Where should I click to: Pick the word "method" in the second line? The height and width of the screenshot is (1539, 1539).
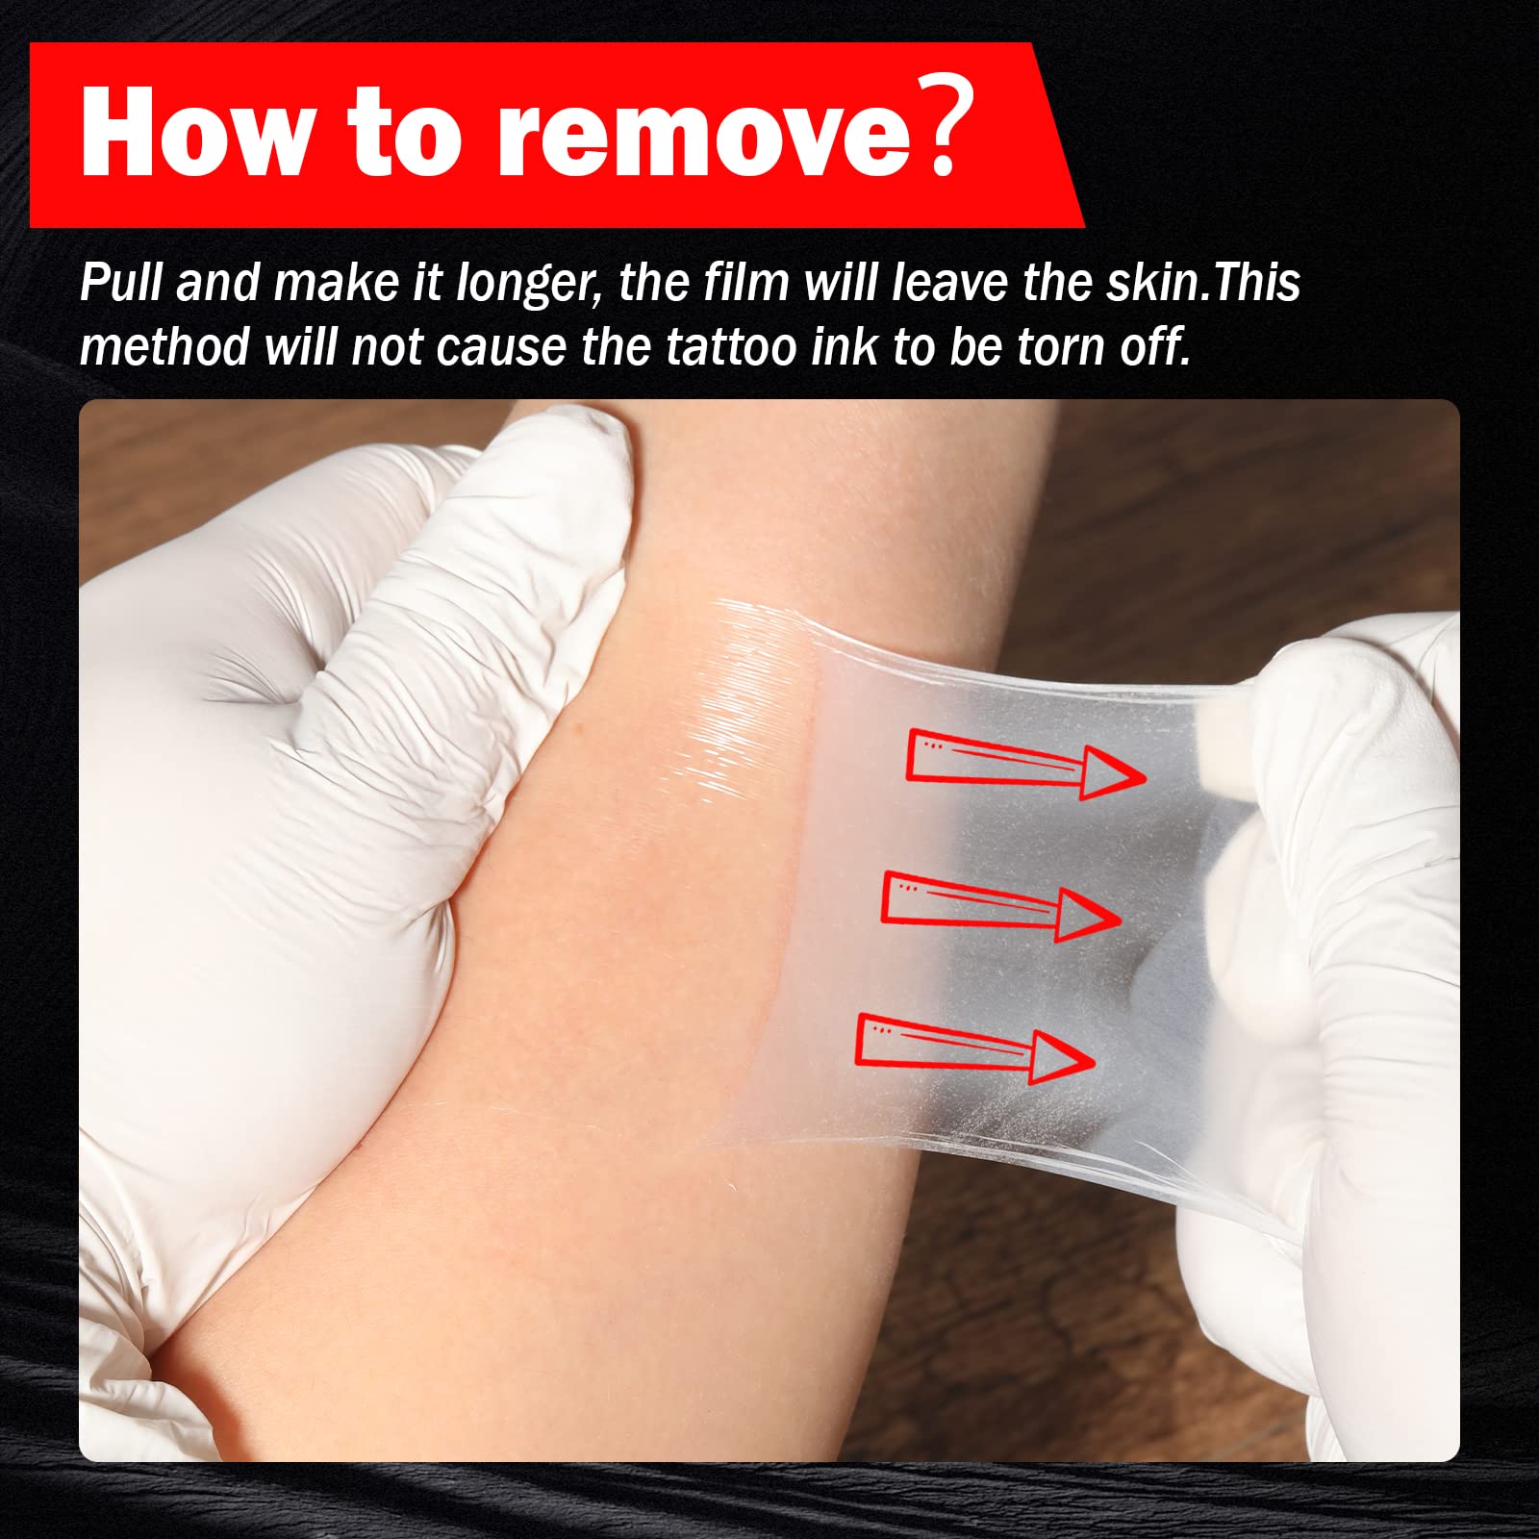pyautogui.click(x=164, y=346)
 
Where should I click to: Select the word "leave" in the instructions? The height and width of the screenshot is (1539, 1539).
pyautogui.click(x=948, y=283)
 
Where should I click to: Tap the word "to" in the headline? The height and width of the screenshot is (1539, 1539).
pyautogui.click(x=404, y=134)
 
